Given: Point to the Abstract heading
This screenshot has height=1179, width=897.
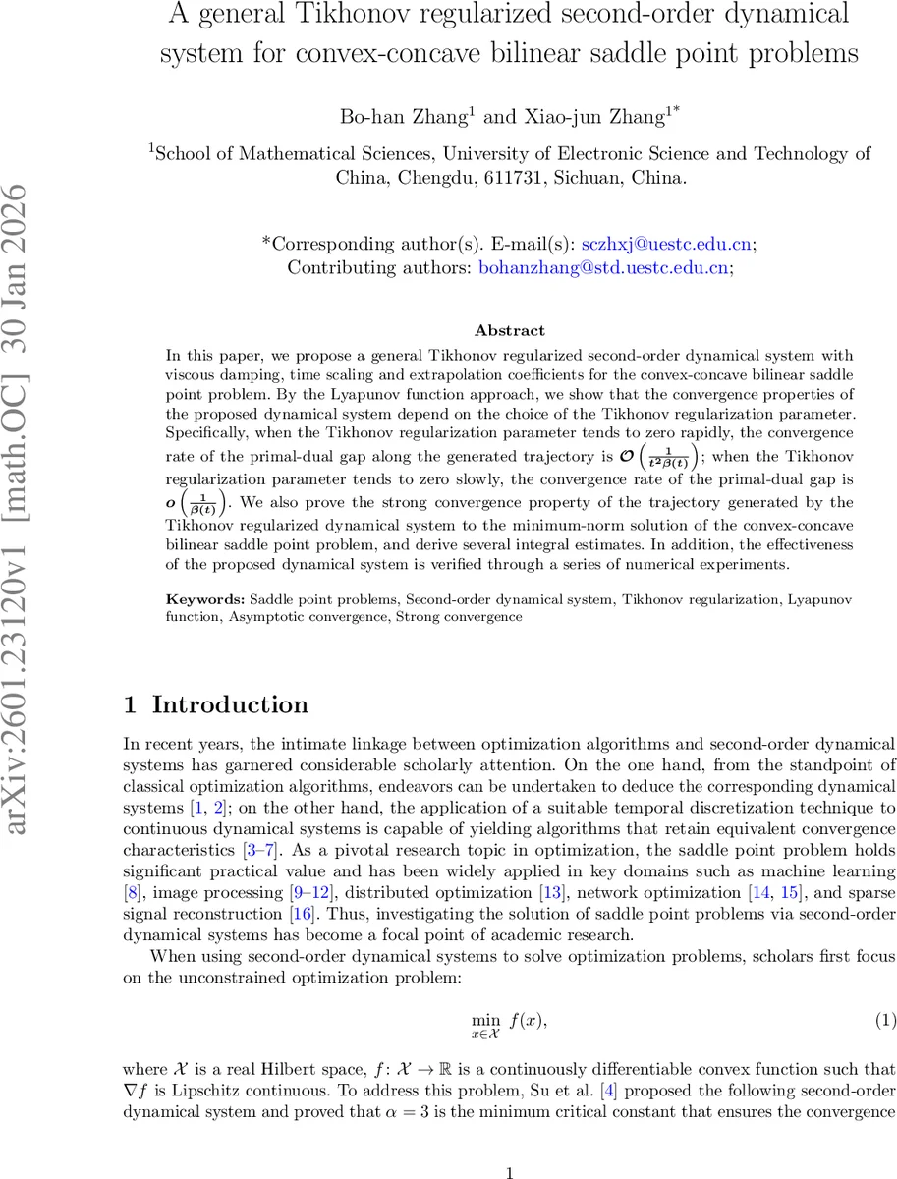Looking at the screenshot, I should (509, 330).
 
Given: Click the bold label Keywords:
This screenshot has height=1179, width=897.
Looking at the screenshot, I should (205, 598).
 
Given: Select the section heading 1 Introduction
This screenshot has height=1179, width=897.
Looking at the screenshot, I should (216, 704).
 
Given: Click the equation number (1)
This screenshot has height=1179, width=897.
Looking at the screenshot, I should (885, 1021).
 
